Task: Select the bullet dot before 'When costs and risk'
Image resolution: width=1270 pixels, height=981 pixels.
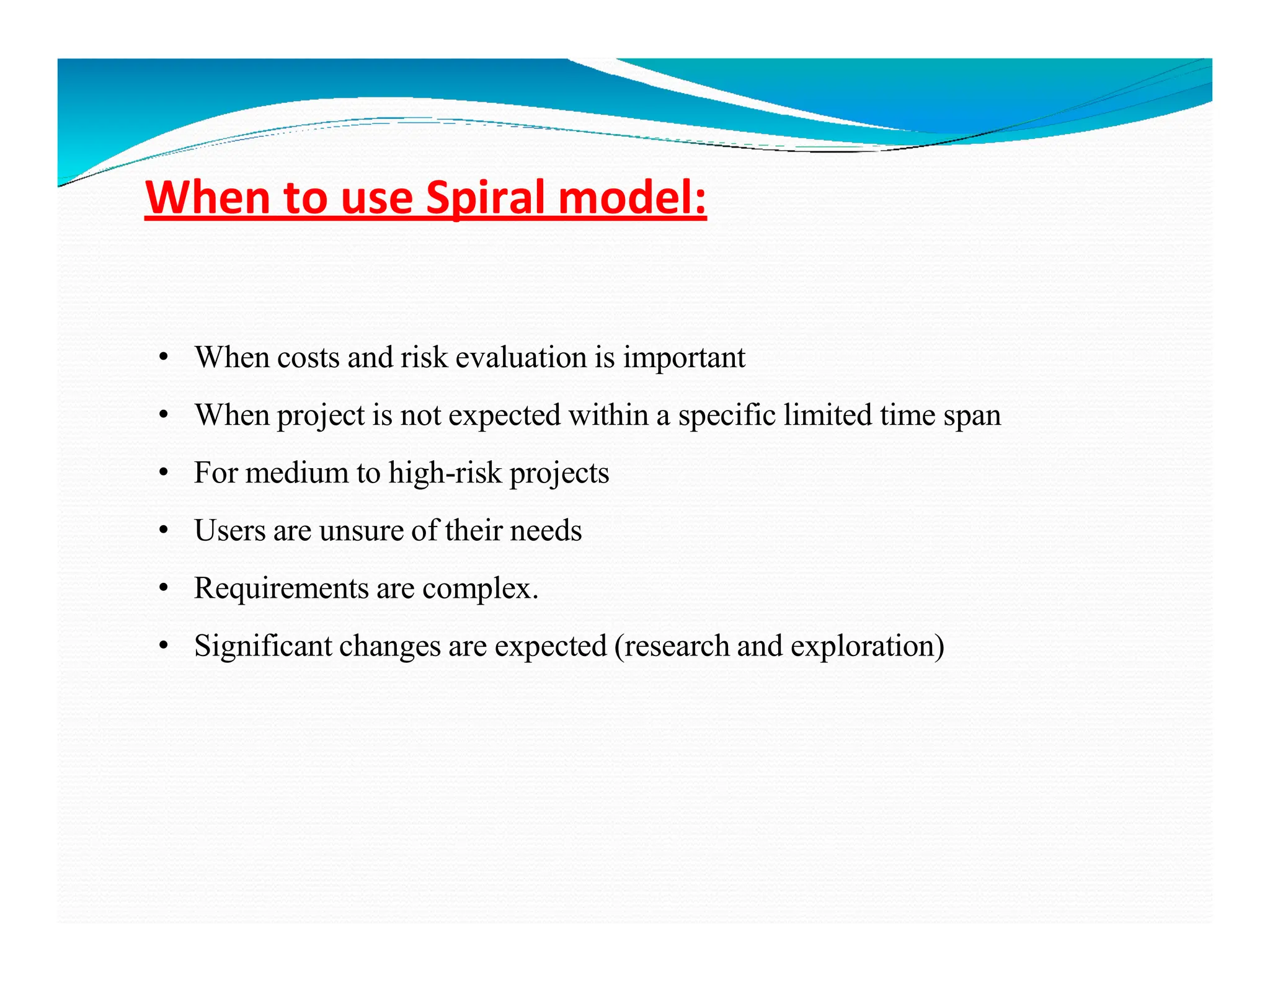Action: point(163,358)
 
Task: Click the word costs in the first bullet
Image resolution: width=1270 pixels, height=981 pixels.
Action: point(308,358)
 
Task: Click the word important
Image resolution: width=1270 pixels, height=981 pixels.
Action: point(683,358)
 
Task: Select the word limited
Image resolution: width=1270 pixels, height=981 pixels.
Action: point(827,415)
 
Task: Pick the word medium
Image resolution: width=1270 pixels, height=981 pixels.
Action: point(296,473)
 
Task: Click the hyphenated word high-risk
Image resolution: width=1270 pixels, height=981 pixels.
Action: point(444,473)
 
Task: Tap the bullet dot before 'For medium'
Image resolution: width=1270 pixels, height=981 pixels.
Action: point(163,473)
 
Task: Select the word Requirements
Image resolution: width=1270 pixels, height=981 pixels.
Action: point(281,588)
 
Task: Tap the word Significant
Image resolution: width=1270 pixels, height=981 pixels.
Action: point(263,646)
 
